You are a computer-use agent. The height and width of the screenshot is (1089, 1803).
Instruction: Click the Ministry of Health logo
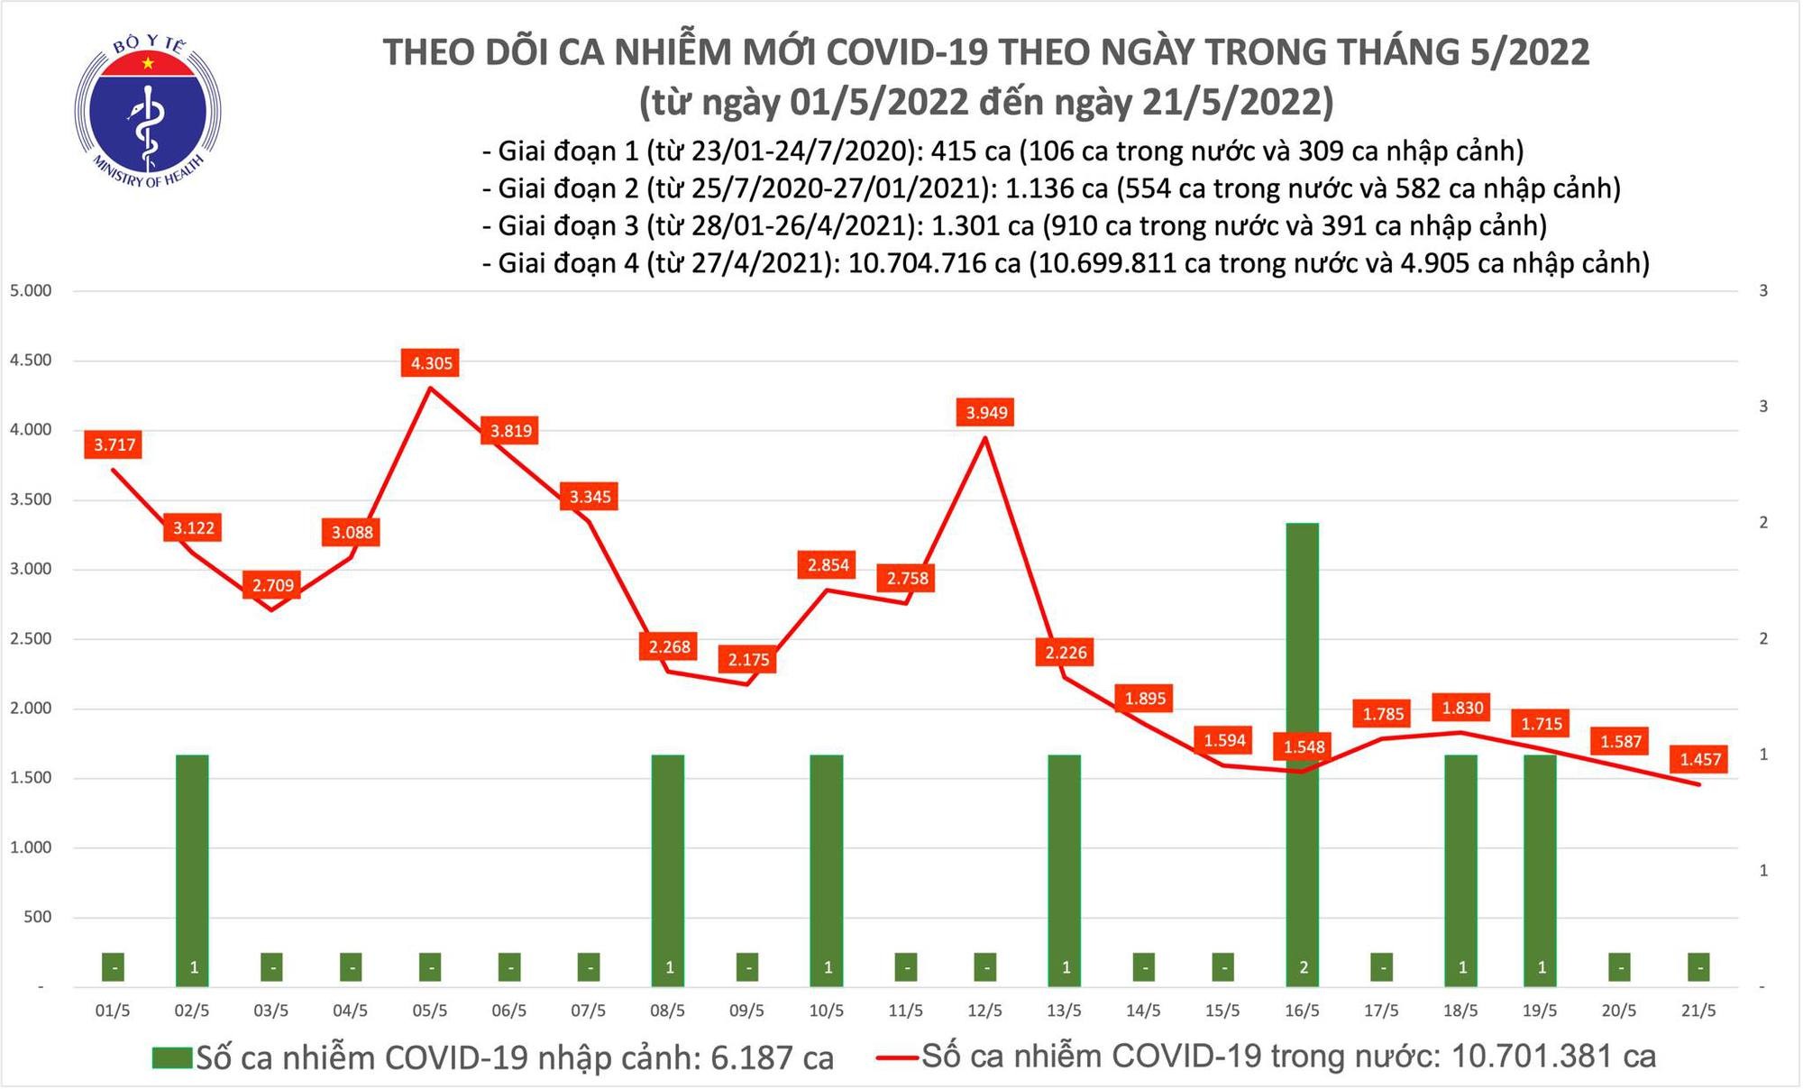point(148,113)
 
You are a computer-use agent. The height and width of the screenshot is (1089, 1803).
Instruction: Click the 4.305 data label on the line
point(431,363)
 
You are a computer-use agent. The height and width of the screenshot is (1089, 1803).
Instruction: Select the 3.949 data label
point(986,413)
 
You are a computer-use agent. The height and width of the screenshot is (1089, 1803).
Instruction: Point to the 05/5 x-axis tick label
point(430,1011)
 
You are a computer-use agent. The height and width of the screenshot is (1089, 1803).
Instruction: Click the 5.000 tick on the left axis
point(30,291)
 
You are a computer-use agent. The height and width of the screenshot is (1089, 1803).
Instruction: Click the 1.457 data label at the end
point(1699,759)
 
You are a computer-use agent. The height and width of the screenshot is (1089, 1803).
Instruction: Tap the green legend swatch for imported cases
point(172,1057)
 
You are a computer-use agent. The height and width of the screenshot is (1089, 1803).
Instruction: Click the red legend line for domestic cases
point(897,1057)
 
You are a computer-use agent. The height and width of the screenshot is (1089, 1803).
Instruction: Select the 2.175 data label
point(748,660)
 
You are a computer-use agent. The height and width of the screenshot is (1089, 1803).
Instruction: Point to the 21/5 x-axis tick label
point(1698,1011)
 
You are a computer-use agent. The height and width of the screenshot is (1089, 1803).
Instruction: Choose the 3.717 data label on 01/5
point(114,444)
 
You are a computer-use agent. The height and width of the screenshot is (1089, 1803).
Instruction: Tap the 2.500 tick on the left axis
point(30,639)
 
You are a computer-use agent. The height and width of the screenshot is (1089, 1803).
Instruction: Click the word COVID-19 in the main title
point(913,52)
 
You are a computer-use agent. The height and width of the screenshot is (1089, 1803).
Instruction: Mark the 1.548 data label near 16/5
point(1304,747)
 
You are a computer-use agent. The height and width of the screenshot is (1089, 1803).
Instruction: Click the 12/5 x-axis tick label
point(985,1011)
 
